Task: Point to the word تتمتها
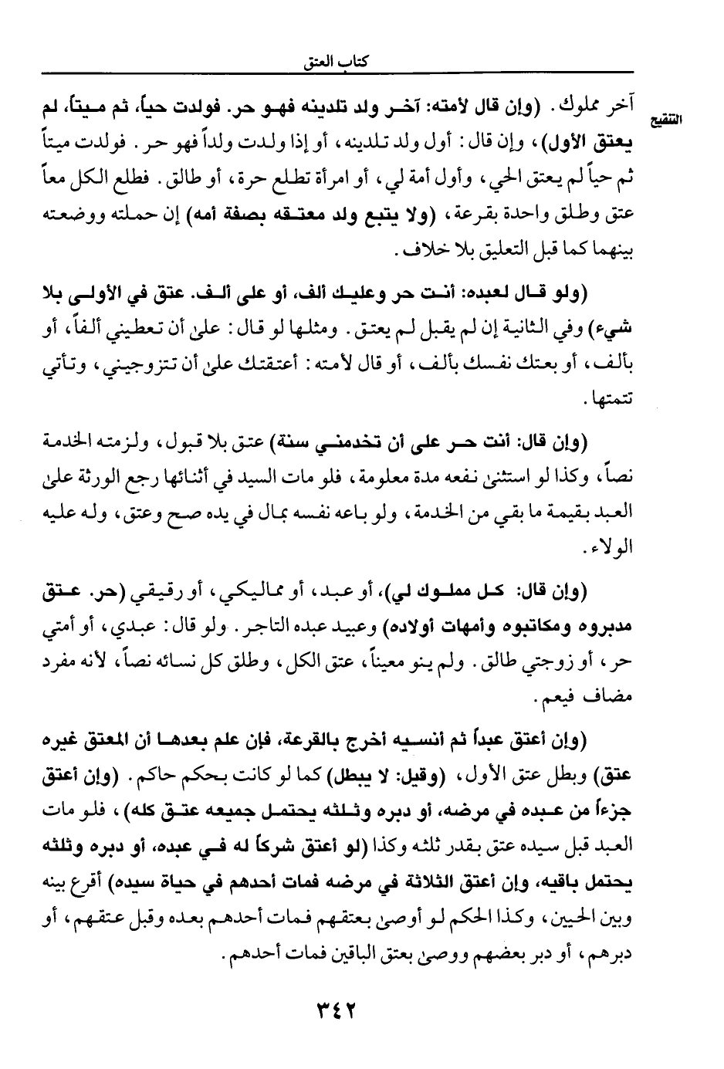pos(611,401)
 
